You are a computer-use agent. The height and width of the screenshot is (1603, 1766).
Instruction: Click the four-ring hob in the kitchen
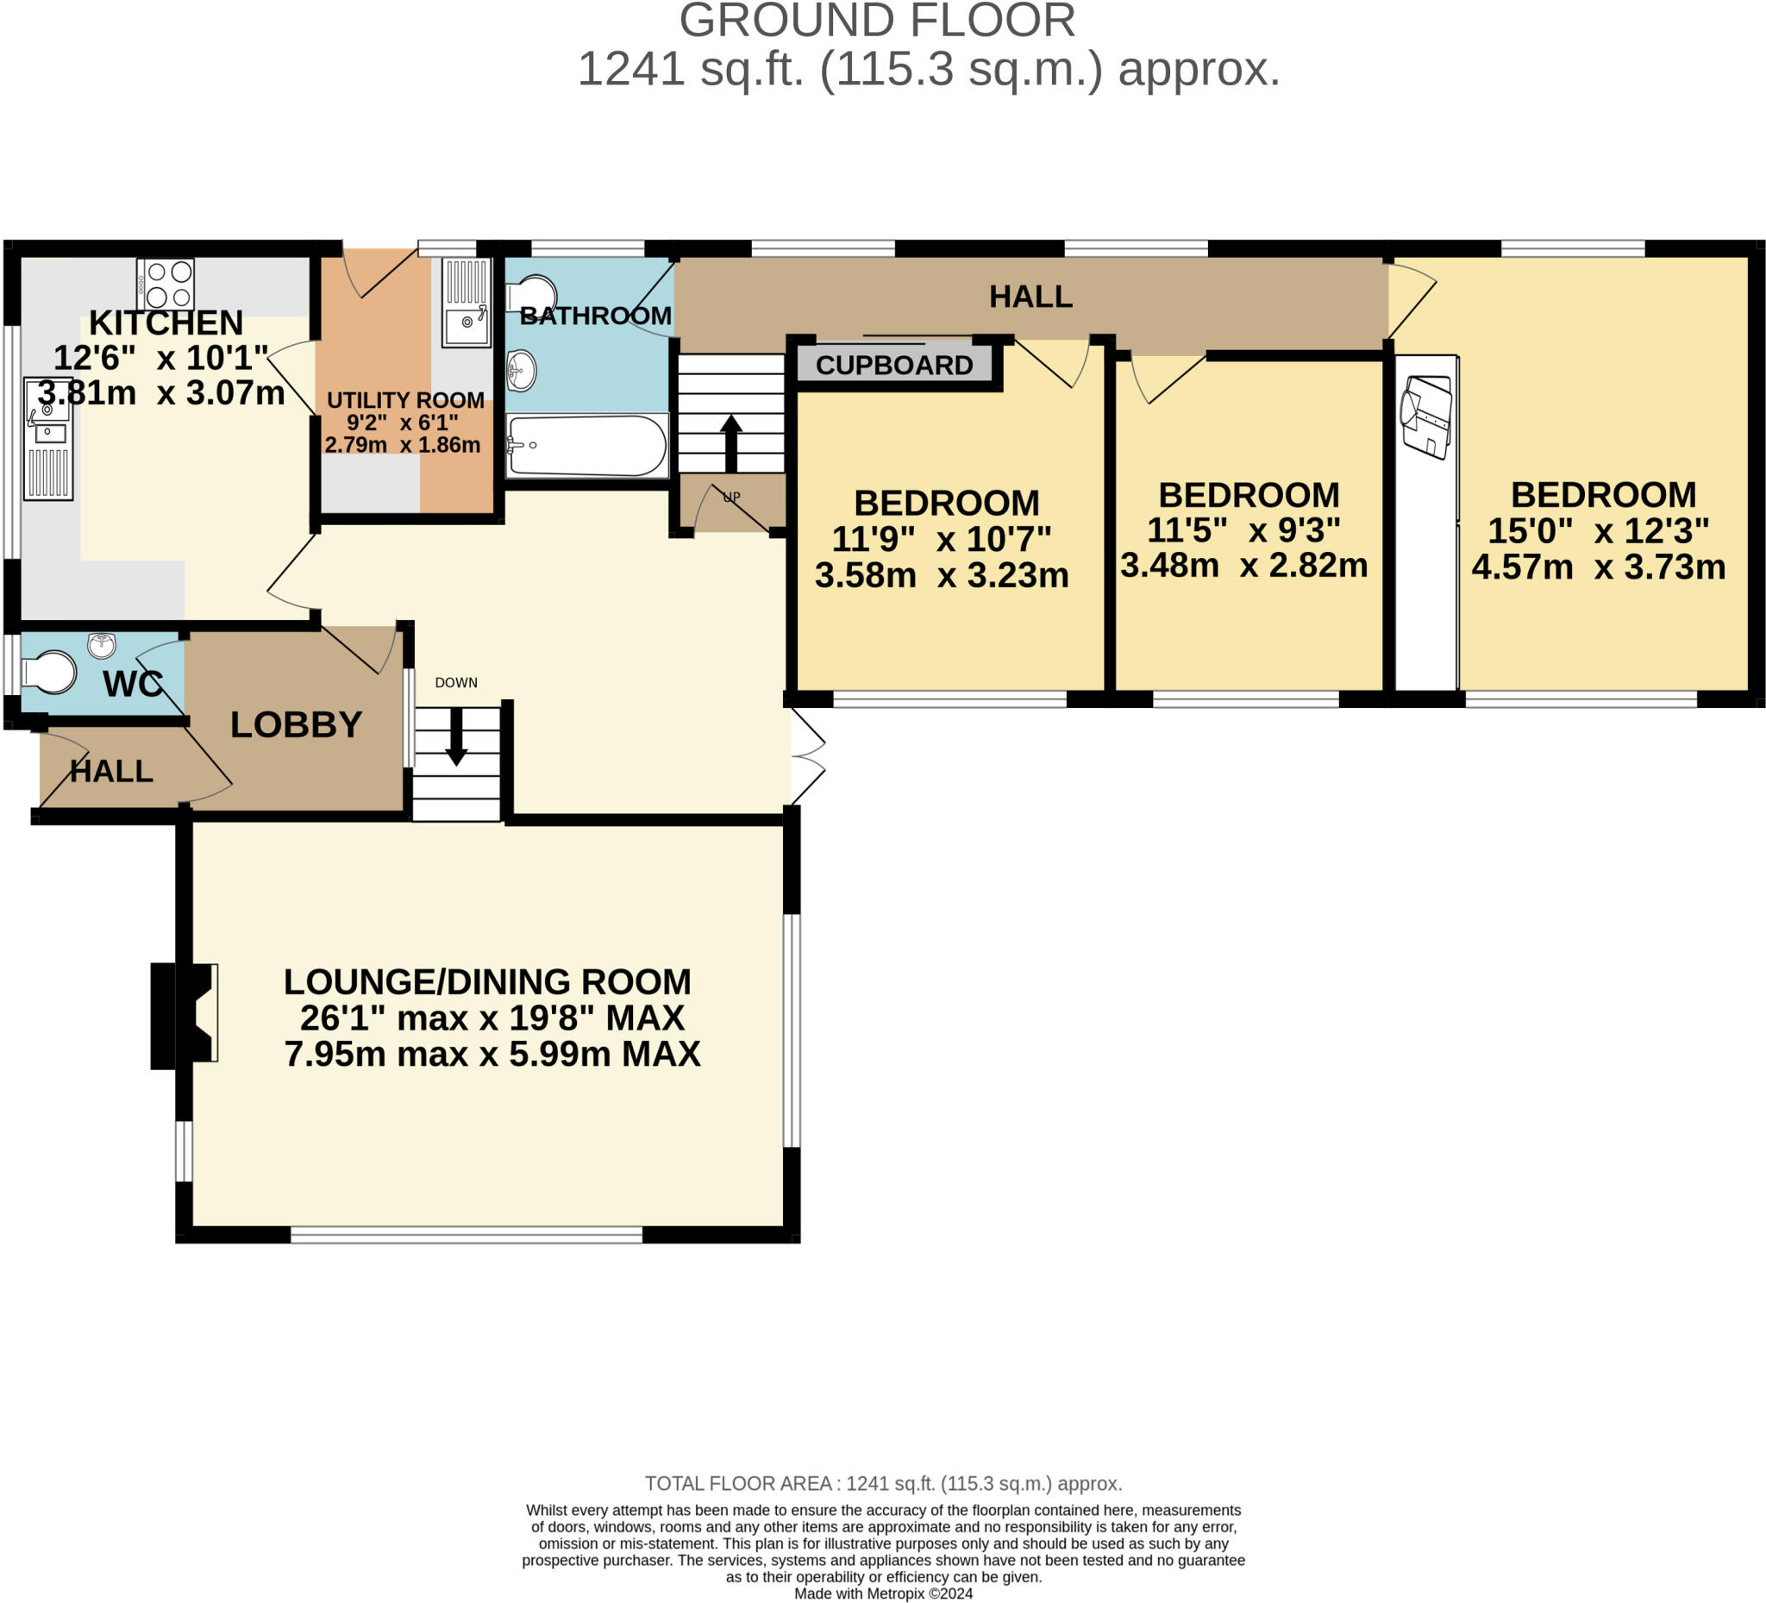166,283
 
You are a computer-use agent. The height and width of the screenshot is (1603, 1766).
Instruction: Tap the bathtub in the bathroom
587,445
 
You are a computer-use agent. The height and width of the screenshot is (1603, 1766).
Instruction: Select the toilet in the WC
49,673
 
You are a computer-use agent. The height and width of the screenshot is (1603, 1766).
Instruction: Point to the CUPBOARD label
894,366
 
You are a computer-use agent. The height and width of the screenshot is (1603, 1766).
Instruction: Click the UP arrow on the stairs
730,441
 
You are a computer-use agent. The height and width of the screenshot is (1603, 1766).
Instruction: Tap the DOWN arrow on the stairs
456,736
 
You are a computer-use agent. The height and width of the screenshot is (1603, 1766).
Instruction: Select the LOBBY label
295,724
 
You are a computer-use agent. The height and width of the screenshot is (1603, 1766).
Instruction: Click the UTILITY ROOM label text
404,400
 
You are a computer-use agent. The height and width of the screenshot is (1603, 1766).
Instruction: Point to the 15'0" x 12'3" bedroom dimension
1599,530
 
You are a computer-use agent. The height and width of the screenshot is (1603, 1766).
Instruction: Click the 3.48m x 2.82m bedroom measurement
1244,566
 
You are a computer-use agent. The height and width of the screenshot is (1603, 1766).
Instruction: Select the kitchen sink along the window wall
47,438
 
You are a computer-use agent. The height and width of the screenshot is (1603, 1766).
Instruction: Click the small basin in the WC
103,645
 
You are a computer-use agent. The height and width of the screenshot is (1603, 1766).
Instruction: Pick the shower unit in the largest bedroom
1427,416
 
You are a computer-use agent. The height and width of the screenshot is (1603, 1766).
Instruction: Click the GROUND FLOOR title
877,21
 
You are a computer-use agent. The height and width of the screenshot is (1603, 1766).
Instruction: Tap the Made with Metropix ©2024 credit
883,1594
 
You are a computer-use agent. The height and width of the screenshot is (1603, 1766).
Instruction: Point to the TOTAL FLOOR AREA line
883,1483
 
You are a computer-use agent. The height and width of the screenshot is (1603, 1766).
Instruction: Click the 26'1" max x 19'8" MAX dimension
492,1018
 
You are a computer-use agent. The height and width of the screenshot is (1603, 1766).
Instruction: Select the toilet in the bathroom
533,293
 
